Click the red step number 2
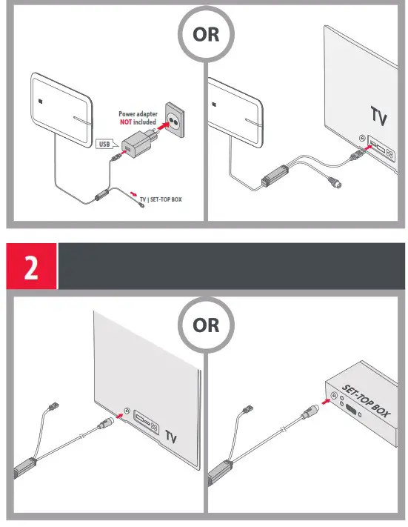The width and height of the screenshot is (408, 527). point(32,268)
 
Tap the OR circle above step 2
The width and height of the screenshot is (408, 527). point(206,35)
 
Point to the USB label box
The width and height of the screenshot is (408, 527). point(105,145)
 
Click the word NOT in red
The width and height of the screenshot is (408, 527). point(126,122)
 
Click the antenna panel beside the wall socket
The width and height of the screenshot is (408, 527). point(62,107)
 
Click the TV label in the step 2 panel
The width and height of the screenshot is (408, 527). point(172,436)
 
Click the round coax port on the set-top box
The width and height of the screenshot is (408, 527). point(333,398)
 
